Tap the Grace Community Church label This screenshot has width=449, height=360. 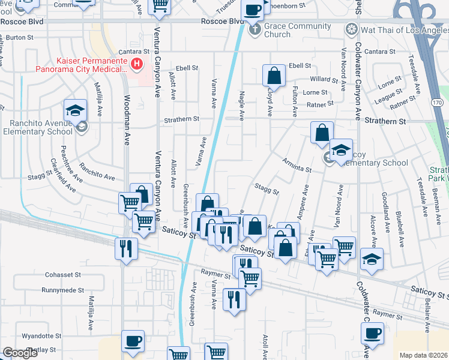point(298,30)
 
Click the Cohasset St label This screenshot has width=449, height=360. point(63,275)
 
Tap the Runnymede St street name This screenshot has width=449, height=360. point(62,290)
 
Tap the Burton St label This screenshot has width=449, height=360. point(20,37)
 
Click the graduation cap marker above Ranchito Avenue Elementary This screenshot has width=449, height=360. point(76,110)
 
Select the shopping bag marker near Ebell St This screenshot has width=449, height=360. point(274,76)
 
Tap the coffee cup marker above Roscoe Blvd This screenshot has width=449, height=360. point(253,10)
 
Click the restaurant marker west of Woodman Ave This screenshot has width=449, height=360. point(126,248)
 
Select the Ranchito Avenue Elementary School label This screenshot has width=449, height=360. point(37,128)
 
